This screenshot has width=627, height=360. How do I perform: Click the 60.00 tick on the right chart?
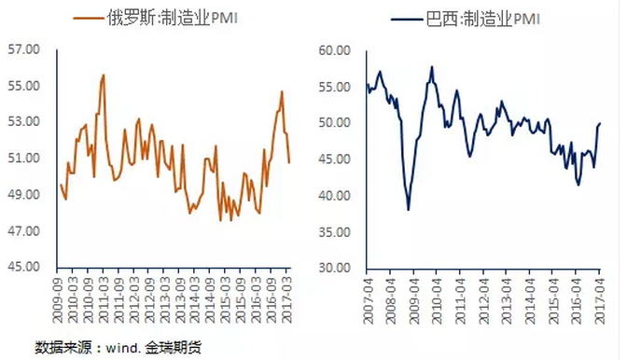[334, 50]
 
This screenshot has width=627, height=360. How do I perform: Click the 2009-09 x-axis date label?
[59, 298]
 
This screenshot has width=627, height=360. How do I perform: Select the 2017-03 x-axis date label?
[287, 298]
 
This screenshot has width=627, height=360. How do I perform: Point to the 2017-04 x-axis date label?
[600, 298]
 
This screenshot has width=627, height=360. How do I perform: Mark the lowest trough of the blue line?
[409, 210]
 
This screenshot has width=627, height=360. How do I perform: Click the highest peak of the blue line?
[432, 66]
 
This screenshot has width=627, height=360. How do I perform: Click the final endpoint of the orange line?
[289, 163]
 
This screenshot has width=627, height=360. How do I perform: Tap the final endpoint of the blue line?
[600, 123]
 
